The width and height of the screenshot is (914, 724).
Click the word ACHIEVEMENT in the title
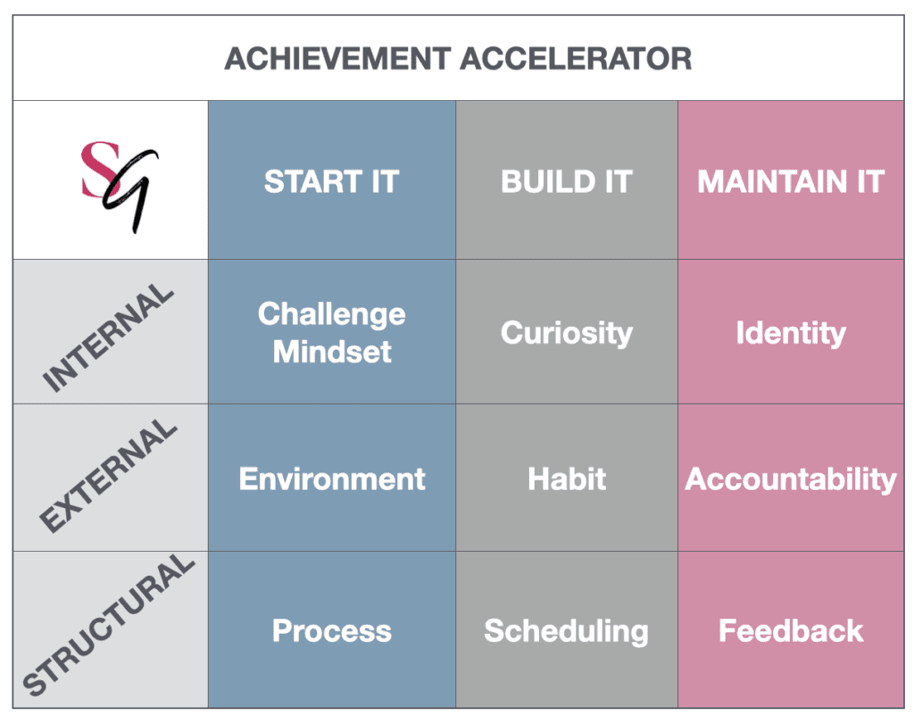[x=337, y=59]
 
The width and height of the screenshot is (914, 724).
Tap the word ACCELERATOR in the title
[x=576, y=59]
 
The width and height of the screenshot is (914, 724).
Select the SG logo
[x=120, y=187]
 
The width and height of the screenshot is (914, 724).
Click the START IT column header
[x=332, y=181]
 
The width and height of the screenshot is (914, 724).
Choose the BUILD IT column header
[x=567, y=181]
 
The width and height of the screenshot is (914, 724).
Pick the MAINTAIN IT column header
[x=791, y=181]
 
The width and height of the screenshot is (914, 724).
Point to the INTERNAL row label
[x=108, y=337]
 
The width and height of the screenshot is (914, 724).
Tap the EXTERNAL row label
[x=108, y=476]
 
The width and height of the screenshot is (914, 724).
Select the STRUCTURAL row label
[x=108, y=624]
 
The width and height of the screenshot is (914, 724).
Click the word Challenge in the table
[x=332, y=315]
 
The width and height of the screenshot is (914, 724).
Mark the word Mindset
[x=332, y=352]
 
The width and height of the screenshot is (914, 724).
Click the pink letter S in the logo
[x=100, y=169]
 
